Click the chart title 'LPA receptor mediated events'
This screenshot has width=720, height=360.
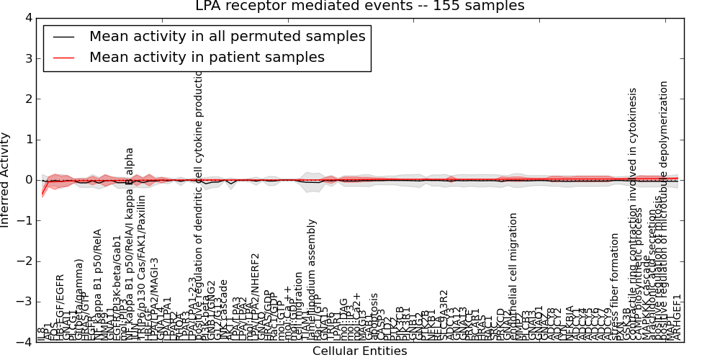click(360, 6)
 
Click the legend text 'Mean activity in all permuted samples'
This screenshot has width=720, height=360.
click(227, 37)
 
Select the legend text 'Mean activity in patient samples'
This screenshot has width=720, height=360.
click(207, 58)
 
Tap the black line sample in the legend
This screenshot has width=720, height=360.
click(63, 37)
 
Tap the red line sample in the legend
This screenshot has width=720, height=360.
click(63, 58)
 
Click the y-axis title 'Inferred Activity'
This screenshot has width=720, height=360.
click(6, 180)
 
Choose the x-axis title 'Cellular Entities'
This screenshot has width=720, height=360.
click(359, 351)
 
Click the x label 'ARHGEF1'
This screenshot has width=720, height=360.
click(677, 318)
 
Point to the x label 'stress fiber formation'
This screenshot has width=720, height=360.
click(615, 287)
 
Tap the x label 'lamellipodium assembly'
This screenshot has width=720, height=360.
click(312, 280)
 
